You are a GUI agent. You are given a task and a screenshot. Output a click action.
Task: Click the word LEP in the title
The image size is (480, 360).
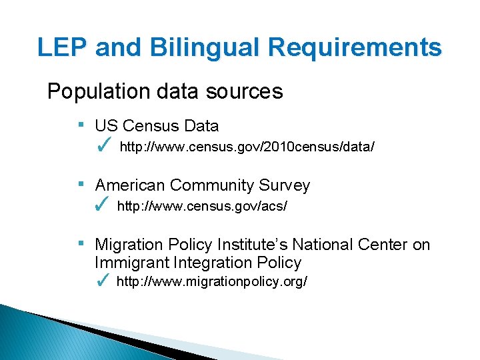tap(63, 48)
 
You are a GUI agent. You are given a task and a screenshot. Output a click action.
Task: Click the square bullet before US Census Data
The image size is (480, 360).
tap(80, 124)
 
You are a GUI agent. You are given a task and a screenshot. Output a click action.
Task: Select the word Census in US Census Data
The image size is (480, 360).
tap(146, 126)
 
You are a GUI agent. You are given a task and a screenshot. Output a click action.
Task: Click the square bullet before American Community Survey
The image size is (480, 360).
tap(80, 183)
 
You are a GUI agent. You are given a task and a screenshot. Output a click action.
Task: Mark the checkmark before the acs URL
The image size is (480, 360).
tap(103, 206)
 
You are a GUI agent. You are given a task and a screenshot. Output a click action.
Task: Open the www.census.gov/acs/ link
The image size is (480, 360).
tap(202, 207)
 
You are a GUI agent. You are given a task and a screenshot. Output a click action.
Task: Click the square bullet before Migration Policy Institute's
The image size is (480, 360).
tap(80, 243)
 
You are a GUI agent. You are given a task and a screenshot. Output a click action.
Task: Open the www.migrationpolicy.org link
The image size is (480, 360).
tap(212, 282)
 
